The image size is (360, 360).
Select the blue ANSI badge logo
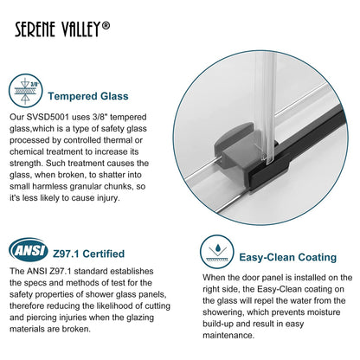click(29, 251)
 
